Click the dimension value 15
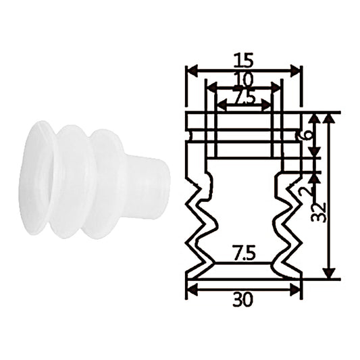click(x=243, y=60)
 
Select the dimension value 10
click(x=244, y=80)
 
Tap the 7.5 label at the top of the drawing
click(x=245, y=97)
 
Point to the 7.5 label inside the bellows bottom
click(x=244, y=253)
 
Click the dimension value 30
click(x=243, y=300)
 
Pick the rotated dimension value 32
click(x=318, y=212)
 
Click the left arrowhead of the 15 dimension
click(x=192, y=71)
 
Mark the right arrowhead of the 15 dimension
click(x=295, y=71)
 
